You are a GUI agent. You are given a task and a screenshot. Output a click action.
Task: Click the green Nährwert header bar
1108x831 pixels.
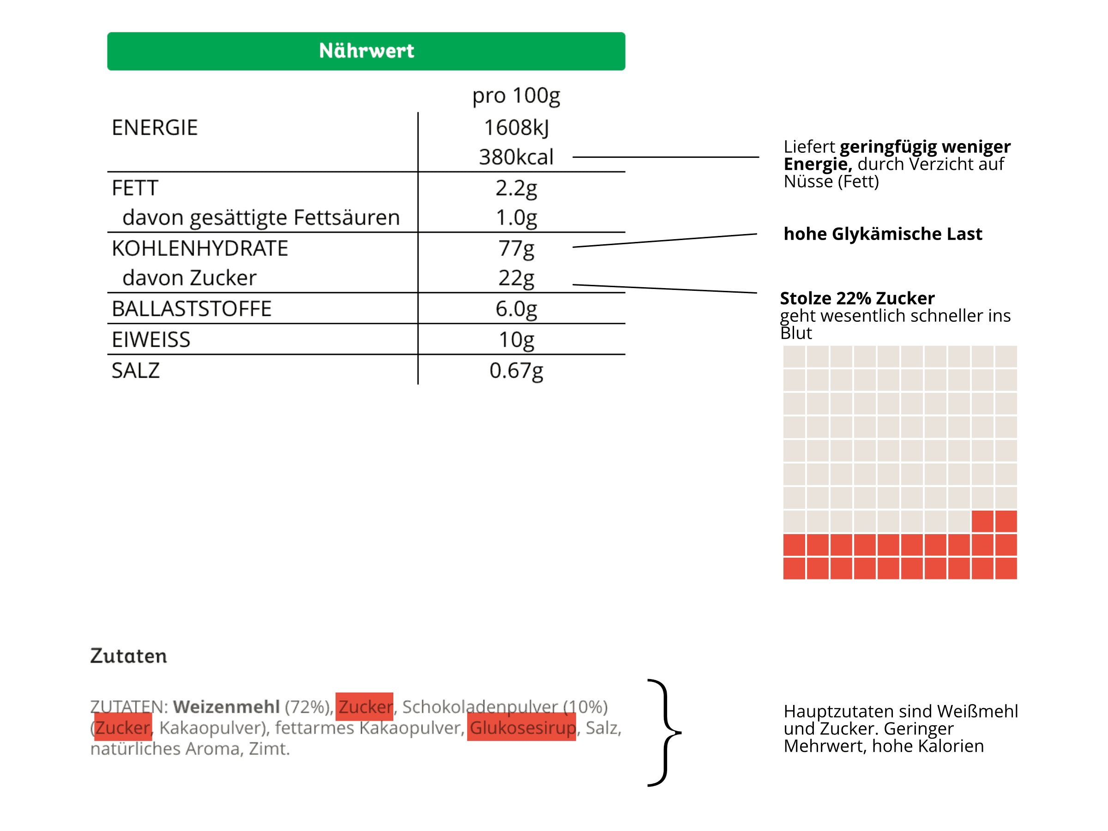coord(366,51)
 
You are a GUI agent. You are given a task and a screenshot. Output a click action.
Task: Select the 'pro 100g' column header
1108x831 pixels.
coord(516,96)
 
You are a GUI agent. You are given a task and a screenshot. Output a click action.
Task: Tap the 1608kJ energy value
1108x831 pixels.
coord(516,128)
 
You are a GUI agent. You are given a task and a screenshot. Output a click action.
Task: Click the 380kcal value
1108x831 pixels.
coord(516,157)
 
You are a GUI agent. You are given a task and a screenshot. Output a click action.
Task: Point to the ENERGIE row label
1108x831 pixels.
coord(154,128)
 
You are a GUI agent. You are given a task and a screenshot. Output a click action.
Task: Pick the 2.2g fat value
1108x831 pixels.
coord(516,188)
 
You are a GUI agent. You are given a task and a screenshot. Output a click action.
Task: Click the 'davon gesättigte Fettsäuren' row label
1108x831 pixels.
coord(260,217)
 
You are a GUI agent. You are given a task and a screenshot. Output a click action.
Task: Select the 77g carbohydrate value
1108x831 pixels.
coord(516,248)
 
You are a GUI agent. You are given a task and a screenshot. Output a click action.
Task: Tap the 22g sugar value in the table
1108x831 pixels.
coord(516,278)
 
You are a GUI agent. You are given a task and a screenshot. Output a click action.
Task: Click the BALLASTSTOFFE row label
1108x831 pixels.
coord(191,308)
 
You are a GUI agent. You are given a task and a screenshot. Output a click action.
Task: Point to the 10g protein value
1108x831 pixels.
coord(516,340)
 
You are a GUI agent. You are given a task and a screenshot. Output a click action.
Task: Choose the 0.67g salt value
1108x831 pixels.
coord(516,371)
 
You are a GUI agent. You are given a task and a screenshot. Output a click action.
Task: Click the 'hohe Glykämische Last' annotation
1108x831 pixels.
coord(883,234)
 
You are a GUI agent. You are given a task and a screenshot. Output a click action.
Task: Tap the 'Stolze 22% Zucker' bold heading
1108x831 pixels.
coord(857,299)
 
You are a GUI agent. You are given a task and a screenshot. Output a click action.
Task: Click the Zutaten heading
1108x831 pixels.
coord(128,656)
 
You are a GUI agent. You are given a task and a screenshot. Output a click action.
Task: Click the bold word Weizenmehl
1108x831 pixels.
coord(226,707)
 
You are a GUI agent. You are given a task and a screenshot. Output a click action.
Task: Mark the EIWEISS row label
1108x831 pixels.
coord(151,340)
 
